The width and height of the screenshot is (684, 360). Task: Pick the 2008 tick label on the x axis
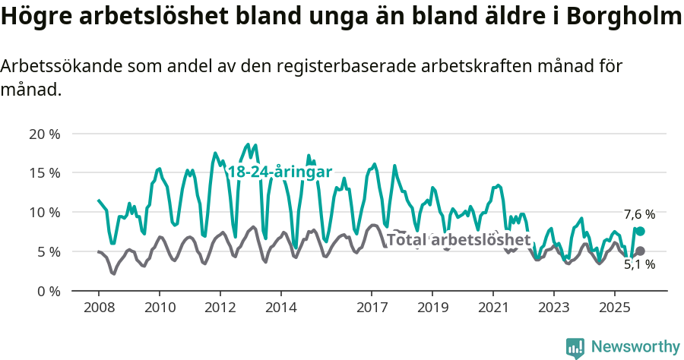click(99, 308)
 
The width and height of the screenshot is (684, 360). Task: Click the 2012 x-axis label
click(220, 308)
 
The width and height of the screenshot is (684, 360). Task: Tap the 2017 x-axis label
click(372, 308)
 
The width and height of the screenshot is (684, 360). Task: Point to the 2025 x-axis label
click(614, 308)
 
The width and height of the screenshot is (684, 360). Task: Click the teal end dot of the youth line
click(640, 231)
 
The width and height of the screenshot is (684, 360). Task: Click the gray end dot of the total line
click(640, 251)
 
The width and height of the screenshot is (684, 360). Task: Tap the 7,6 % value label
click(639, 215)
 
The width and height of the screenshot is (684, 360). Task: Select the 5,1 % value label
click(639, 265)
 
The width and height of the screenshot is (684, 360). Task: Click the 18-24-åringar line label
click(280, 172)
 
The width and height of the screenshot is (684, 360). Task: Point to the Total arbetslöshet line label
click(458, 240)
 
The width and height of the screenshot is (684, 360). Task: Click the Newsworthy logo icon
click(575, 348)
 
